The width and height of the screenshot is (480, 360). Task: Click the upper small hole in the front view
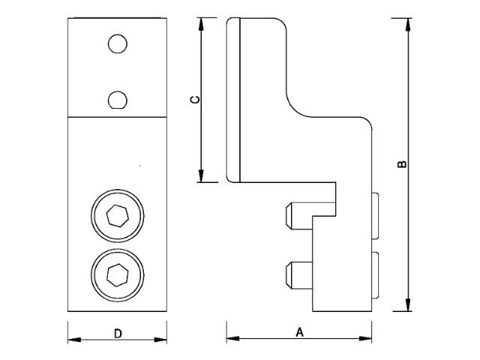117,44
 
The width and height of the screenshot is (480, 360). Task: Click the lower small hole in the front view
117,99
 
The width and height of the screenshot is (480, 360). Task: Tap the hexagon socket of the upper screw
117,217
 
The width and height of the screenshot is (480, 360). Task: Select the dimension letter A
300,331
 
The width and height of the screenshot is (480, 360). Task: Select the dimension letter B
404,163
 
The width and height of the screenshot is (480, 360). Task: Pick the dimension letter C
194,100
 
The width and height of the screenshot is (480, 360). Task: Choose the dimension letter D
118,334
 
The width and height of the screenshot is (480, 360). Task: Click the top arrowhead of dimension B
408,23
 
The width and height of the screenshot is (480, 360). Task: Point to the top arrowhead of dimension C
201,23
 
